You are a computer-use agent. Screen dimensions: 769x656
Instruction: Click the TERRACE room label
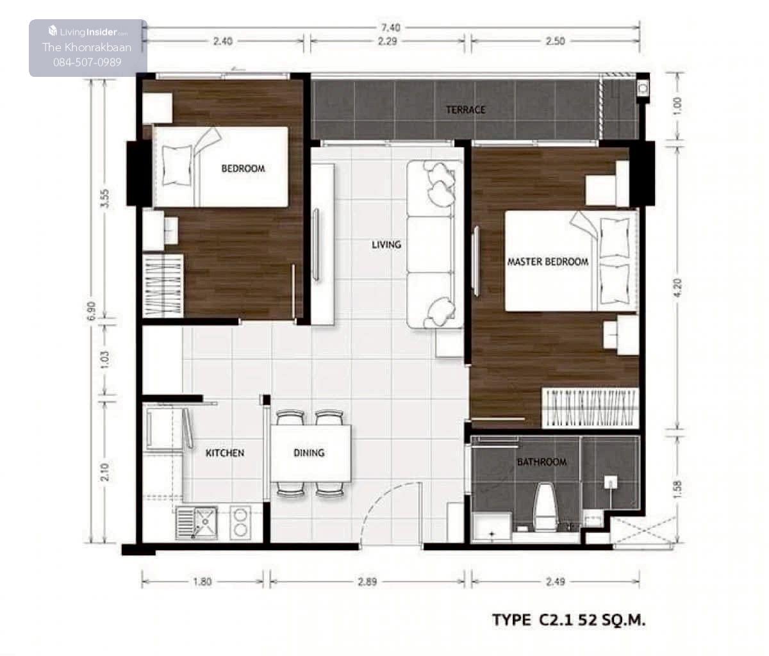(x=465, y=110)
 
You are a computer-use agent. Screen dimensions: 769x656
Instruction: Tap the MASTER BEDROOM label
(x=548, y=261)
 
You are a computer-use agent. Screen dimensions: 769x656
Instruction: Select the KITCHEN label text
(x=225, y=452)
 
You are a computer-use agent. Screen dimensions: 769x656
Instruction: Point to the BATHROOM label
(x=542, y=462)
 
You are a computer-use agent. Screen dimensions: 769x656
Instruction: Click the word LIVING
(x=386, y=244)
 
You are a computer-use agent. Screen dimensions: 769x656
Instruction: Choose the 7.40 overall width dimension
(x=390, y=28)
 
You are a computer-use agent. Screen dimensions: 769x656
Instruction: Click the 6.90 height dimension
(x=92, y=311)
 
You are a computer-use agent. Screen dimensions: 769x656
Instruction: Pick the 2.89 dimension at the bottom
(x=367, y=581)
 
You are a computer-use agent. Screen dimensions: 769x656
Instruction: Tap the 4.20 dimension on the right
(x=677, y=287)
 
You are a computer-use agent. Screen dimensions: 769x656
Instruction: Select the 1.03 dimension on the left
(x=105, y=359)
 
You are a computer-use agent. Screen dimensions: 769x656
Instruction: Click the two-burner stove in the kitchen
(x=240, y=523)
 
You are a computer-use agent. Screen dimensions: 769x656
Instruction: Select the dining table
(x=311, y=453)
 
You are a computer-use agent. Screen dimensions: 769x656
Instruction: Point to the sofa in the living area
(x=434, y=244)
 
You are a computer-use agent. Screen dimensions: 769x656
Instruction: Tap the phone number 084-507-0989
(x=87, y=62)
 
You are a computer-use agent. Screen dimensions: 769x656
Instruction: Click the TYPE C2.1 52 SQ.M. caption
(x=568, y=620)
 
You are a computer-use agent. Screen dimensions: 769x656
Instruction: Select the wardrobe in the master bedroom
(x=590, y=408)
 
